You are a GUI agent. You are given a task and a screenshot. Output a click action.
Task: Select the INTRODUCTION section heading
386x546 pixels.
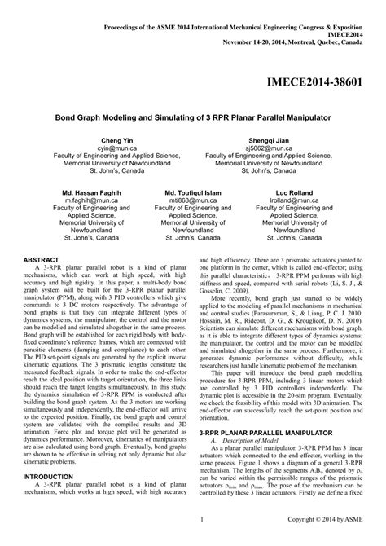point(50,498)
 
